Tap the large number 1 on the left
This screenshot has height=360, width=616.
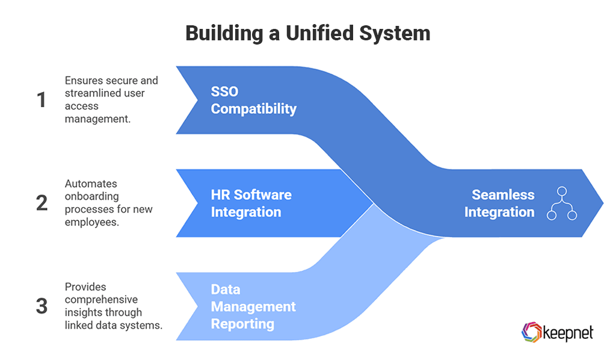tap(42, 100)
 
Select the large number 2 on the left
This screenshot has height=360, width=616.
tap(42, 203)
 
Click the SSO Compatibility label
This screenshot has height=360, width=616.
tap(253, 100)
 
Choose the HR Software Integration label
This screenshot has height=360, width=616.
tap(251, 203)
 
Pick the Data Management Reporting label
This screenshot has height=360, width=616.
tap(253, 306)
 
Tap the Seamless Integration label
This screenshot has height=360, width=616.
tap(502, 203)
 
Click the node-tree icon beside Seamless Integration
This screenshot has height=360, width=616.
tap(561, 203)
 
